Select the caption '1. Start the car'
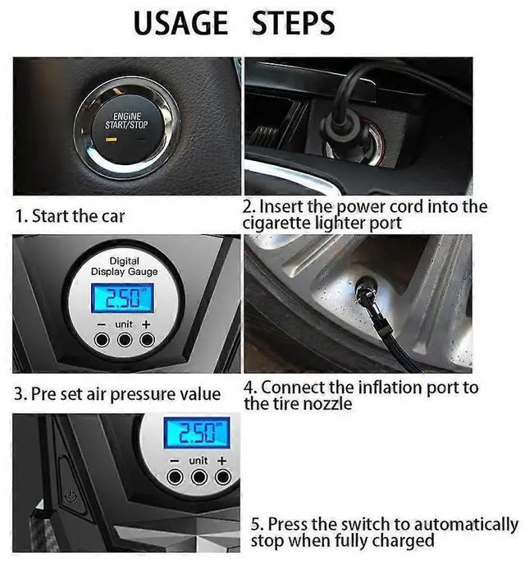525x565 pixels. [x=71, y=217]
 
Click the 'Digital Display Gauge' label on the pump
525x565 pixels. [x=124, y=266]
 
